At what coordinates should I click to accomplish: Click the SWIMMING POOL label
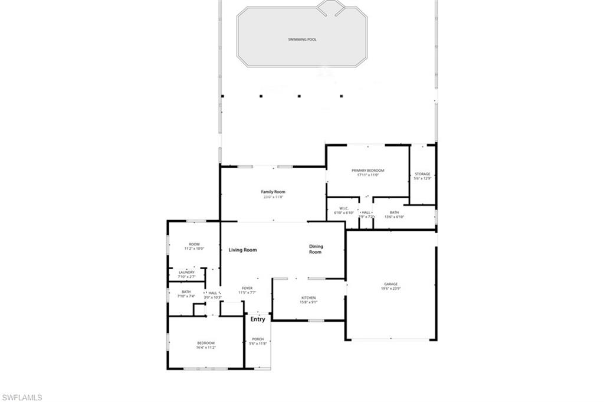(302, 40)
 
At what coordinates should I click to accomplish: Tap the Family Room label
(273, 192)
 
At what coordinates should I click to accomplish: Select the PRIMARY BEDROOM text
(367, 171)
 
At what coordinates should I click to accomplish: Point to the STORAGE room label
(422, 174)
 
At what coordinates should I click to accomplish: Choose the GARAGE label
(391, 284)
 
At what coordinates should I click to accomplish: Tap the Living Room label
(243, 250)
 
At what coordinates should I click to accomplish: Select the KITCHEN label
(308, 298)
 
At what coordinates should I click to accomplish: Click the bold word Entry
(258, 319)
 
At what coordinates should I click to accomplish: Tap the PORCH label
(258, 339)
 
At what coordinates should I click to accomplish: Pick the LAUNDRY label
(186, 272)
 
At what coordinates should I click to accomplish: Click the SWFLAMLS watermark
(22, 397)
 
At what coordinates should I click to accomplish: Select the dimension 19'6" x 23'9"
(391, 289)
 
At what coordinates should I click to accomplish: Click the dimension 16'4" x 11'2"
(206, 348)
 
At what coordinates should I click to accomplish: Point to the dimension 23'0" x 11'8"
(273, 197)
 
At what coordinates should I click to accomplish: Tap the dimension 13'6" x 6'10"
(394, 217)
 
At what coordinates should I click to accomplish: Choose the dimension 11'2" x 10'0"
(194, 249)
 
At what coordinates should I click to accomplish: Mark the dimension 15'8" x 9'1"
(308, 302)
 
